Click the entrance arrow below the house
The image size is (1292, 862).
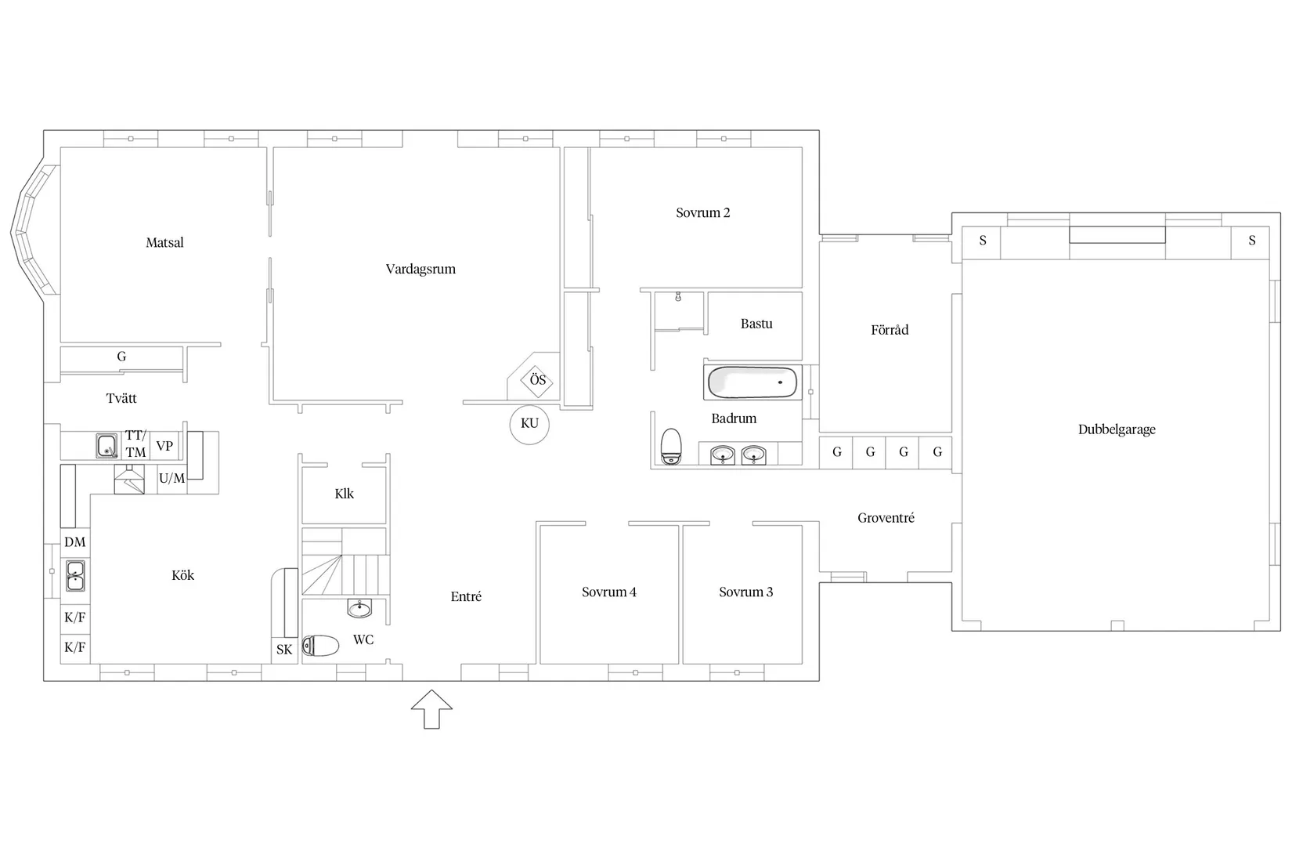(x=431, y=709)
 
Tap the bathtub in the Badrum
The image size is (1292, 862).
(x=752, y=382)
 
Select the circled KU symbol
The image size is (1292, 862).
(x=529, y=424)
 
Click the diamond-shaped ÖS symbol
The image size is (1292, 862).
(x=537, y=381)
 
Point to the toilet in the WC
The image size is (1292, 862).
(x=321, y=646)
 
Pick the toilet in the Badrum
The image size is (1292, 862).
(x=671, y=447)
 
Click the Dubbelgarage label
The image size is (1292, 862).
(x=1117, y=429)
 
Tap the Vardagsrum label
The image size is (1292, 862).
(x=420, y=269)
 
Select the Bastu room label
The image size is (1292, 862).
(x=756, y=324)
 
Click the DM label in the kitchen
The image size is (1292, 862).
(x=75, y=542)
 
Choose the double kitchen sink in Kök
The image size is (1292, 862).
(x=75, y=576)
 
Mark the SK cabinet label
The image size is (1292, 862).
(x=283, y=650)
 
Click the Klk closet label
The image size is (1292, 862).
(x=344, y=494)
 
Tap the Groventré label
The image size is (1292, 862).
(x=886, y=518)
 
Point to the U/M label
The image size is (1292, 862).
(x=172, y=478)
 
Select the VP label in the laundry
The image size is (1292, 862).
(x=164, y=447)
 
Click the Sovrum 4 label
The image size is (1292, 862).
(x=608, y=592)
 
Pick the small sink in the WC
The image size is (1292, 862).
(x=359, y=608)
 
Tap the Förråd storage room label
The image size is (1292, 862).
(x=890, y=330)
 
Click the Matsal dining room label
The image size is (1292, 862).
(x=164, y=242)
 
